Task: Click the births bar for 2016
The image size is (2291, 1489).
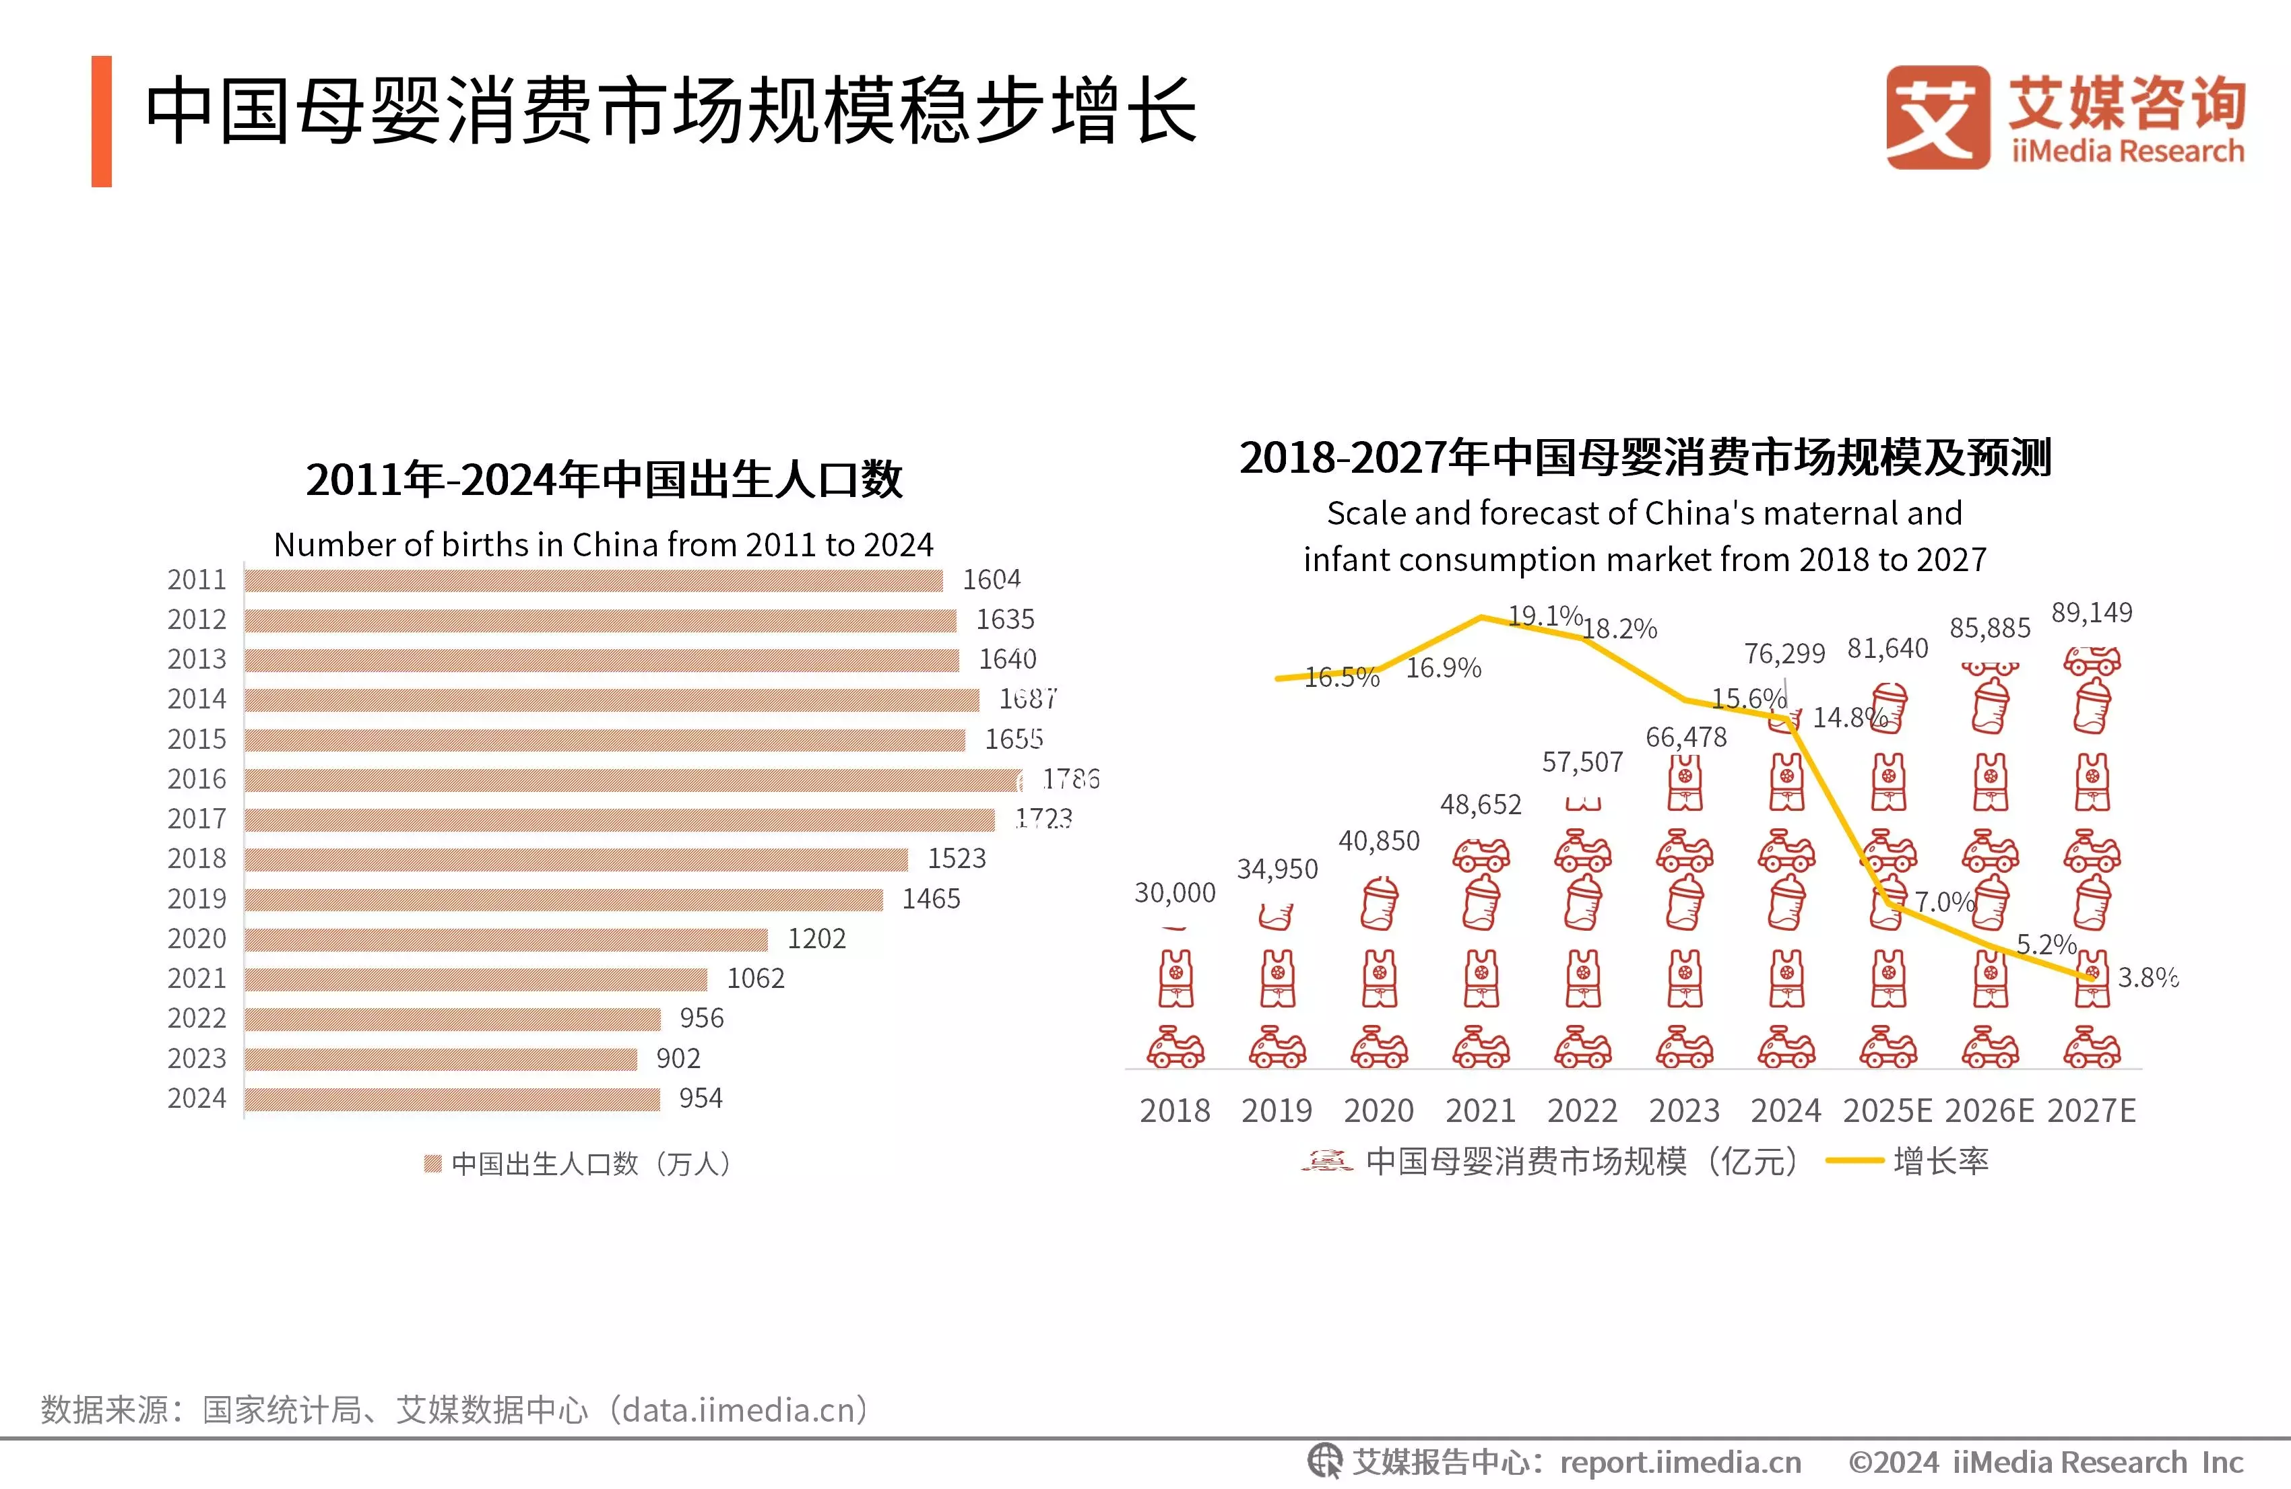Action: pos(633,779)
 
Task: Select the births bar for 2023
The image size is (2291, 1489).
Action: pos(441,1059)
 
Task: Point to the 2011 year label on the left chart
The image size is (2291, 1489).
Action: pos(197,579)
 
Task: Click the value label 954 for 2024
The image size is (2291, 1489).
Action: pos(700,1098)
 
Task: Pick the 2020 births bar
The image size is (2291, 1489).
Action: pos(507,938)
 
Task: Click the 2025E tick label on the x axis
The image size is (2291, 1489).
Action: pos(1887,1111)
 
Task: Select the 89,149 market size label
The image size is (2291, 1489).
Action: pos(2092,613)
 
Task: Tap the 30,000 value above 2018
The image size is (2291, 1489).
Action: pos(1174,893)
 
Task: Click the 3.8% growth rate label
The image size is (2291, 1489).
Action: pos(2148,978)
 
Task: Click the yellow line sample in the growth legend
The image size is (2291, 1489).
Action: pos(1854,1161)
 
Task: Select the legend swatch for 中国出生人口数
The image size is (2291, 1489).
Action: pos(433,1164)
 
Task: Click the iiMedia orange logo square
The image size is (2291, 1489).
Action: pos(1937,117)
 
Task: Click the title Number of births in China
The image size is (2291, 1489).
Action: pos(604,545)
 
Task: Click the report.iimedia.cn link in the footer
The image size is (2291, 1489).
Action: pos(1680,1463)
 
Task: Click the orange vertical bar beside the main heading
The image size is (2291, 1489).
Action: pos(101,121)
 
